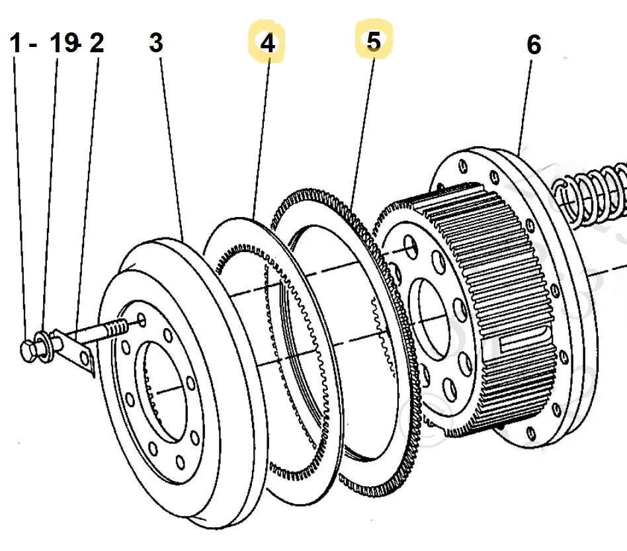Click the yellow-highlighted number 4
267,43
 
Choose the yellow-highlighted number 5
374,41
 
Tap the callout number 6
533,45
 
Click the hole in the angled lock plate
84,359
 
